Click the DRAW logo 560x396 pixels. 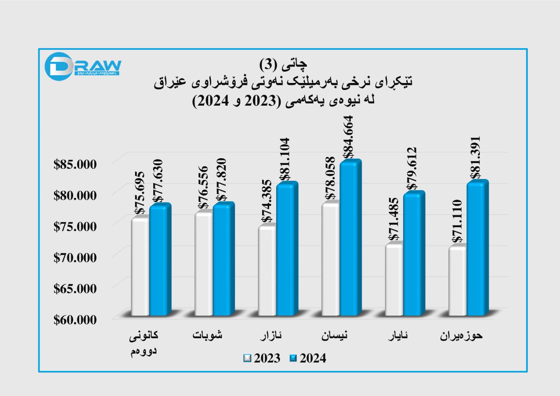tap(83, 66)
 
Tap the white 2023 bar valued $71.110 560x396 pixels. tap(457, 280)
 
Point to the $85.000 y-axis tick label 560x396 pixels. tap(75, 164)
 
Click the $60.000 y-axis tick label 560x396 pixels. tap(75, 320)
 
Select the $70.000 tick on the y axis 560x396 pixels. tap(75, 258)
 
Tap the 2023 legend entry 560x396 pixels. tap(262, 358)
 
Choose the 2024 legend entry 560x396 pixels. tap(308, 358)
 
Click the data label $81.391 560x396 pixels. tap(475, 158)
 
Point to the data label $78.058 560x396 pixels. tap(330, 178)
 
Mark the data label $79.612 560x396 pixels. tap(412, 168)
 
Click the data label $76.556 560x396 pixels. tap(203, 187)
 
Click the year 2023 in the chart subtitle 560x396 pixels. tap(261, 101)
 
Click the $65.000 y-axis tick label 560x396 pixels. tap(75, 289)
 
